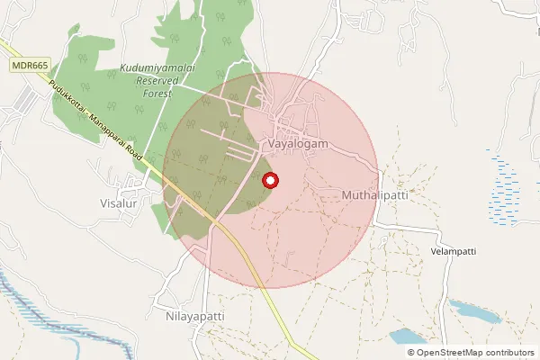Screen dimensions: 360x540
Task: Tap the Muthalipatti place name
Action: click(375, 195)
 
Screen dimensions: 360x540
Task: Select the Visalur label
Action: click(117, 204)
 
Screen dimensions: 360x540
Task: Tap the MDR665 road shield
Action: click(31, 67)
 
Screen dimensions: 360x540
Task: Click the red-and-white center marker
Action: click(270, 181)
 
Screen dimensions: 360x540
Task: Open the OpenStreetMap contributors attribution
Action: click(470, 353)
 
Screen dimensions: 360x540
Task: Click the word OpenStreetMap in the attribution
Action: click(448, 353)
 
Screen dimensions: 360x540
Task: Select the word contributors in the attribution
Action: click(508, 353)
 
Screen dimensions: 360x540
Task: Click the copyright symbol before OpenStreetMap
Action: click(411, 353)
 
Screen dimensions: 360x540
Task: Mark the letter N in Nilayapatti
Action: click(170, 317)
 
